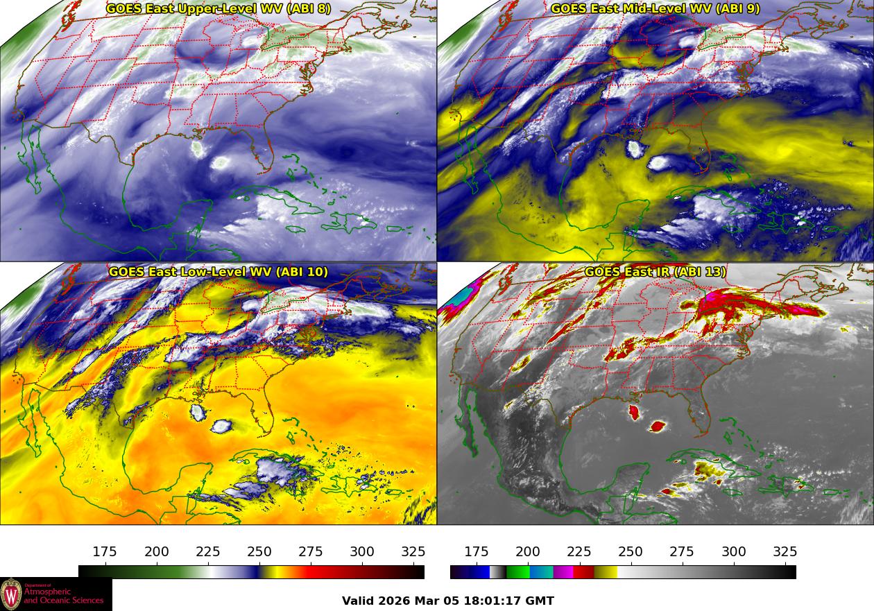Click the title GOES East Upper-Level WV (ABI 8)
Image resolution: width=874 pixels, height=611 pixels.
tap(218, 9)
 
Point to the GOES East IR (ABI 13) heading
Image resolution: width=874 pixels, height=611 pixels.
tap(655, 272)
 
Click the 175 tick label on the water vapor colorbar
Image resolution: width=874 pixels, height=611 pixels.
tap(105, 552)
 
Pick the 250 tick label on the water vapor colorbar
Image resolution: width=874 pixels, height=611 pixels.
tap(259, 552)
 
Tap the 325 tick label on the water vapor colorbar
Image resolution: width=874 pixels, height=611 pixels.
tap(413, 552)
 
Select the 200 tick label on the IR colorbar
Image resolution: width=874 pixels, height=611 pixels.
tap(528, 552)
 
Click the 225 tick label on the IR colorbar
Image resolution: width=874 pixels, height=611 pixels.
tap(579, 552)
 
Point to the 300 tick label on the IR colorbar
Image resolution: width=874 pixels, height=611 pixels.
tap(733, 552)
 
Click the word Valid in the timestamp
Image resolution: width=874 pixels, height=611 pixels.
tap(359, 601)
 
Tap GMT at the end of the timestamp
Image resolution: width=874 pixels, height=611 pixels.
tap(540, 601)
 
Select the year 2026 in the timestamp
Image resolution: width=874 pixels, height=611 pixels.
tap(397, 601)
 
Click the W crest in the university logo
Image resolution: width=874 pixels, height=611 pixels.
tap(10, 594)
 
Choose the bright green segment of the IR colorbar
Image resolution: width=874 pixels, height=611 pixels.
tap(517, 572)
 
